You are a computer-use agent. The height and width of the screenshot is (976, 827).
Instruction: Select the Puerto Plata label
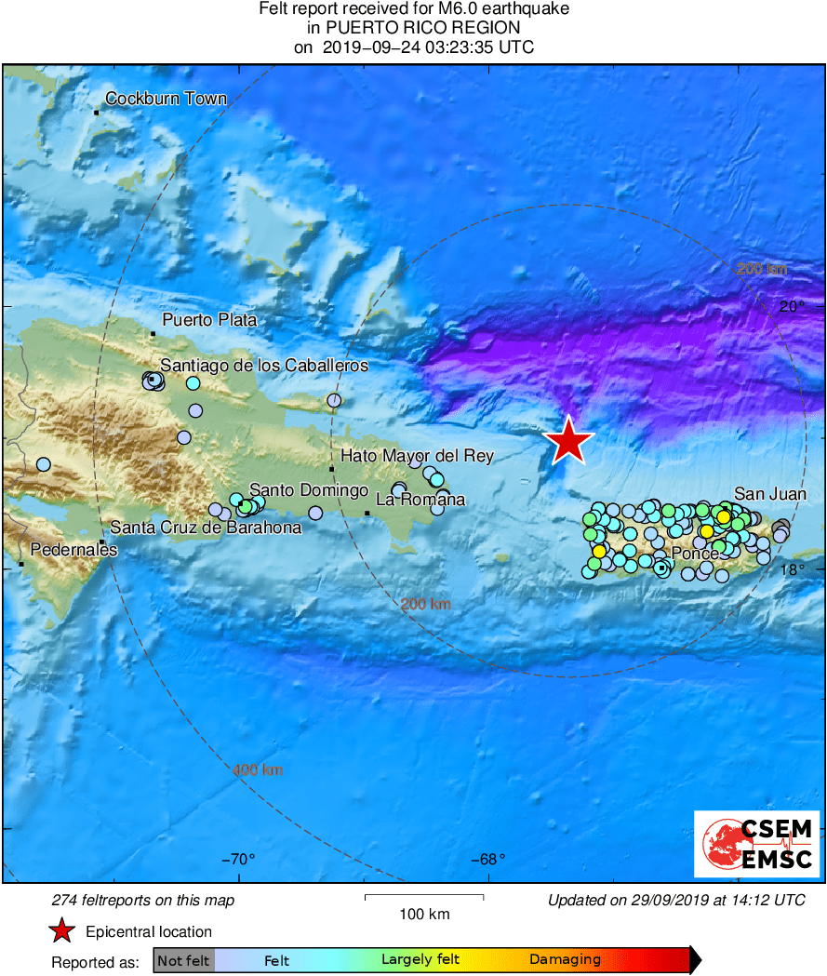[209, 320]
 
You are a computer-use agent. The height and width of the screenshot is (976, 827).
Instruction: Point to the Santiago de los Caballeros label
[264, 366]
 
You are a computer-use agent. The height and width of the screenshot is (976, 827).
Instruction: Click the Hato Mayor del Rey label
[417, 456]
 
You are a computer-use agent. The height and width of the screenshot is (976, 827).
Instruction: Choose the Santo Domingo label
[310, 490]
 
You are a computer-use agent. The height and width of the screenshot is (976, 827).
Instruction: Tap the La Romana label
[420, 500]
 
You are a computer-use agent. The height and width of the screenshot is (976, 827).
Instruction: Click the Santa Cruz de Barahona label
[206, 528]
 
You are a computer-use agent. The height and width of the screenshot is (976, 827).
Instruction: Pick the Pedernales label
[74, 550]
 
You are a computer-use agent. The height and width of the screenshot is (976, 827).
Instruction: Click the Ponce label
[695, 555]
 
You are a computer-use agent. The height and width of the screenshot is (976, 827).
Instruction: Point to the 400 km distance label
[258, 770]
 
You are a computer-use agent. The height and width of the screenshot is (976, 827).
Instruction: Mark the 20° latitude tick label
[793, 306]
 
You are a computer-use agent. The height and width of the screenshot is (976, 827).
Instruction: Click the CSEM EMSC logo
[758, 843]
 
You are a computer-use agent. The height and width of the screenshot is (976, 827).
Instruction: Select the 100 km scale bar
[423, 898]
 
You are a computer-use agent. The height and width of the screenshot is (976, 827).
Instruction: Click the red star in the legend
[62, 931]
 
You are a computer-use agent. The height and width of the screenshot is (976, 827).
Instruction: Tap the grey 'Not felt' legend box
[183, 960]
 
